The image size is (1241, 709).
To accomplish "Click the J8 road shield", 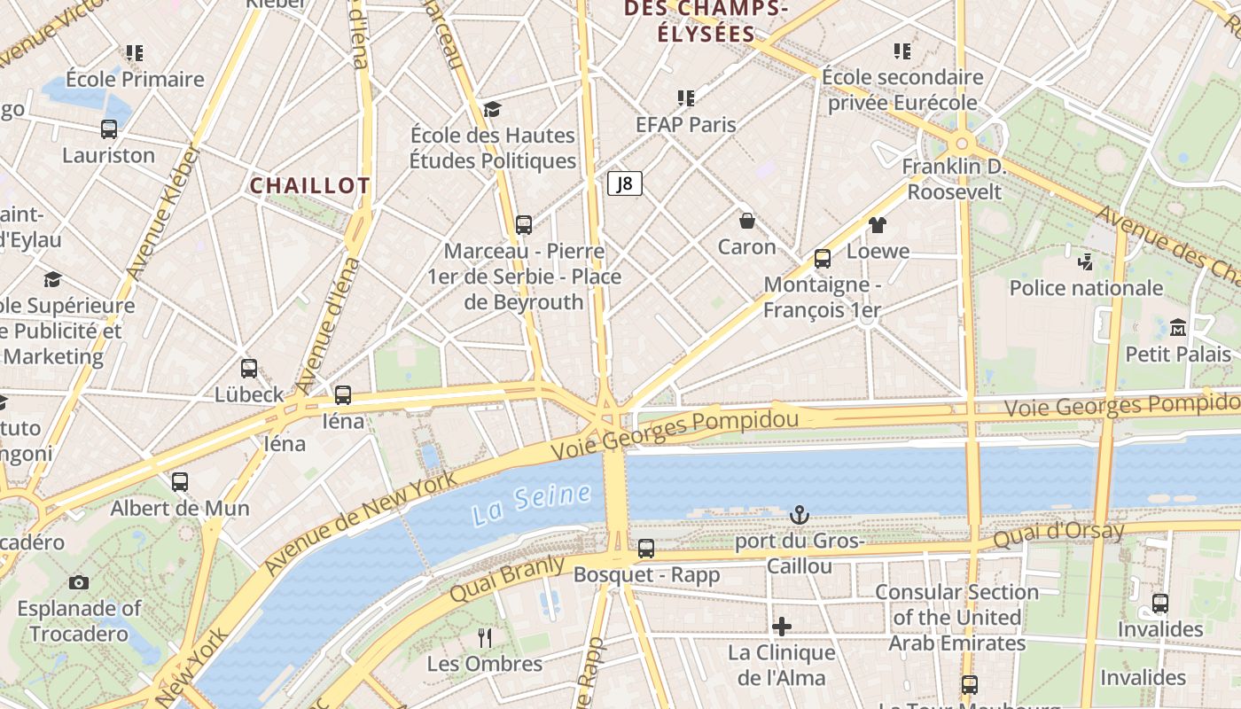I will pos(625,183).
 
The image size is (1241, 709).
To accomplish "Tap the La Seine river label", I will pos(531,503).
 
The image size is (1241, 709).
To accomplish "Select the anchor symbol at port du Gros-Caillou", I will pos(800,515).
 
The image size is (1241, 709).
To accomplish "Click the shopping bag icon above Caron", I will pos(747,221).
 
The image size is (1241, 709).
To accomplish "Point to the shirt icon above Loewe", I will pos(878,225).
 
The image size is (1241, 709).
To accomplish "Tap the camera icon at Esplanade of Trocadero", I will pos(79,582).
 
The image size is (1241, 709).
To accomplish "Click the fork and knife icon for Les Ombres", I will pos(485,637).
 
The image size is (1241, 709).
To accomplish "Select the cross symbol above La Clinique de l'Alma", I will pos(782,627).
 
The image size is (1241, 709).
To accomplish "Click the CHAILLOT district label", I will pos(310,185).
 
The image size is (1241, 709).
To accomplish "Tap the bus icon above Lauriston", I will pos(109,129).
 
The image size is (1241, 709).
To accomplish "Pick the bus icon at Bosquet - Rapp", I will pos(646,549).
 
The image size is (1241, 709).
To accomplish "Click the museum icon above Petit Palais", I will pos(1178,328).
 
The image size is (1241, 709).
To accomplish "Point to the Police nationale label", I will pos(1086,288).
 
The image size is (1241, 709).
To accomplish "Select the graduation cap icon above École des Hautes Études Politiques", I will pos(493,109).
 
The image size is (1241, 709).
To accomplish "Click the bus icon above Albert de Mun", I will pos(180,482).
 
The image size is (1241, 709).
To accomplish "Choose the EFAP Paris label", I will pos(686,124).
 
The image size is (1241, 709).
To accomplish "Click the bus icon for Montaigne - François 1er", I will pos(823,259).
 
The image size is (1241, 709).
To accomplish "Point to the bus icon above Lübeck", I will pos(249,369).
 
